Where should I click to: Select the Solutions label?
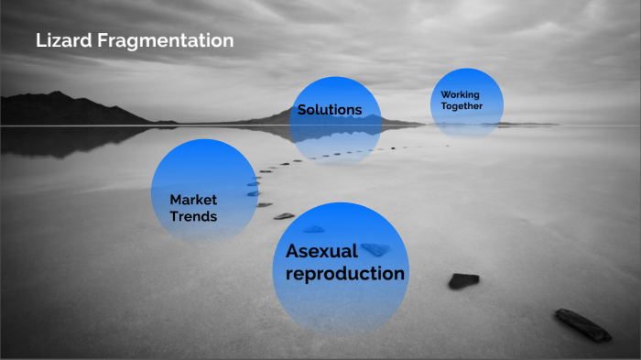click(x=330, y=110)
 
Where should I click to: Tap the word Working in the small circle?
click(x=460, y=94)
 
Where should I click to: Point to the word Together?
click(x=462, y=106)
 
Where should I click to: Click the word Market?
click(x=192, y=200)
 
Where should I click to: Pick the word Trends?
click(x=193, y=217)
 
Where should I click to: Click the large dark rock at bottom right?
click(x=582, y=324)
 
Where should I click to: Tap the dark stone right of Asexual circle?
click(x=463, y=280)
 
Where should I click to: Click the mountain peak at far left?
click(x=57, y=94)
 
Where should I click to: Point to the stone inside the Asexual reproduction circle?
click(x=375, y=249)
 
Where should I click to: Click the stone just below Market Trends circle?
click(x=284, y=216)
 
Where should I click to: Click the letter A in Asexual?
click(x=293, y=251)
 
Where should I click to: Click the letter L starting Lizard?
click(x=40, y=41)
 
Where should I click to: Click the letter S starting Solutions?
click(x=301, y=110)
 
